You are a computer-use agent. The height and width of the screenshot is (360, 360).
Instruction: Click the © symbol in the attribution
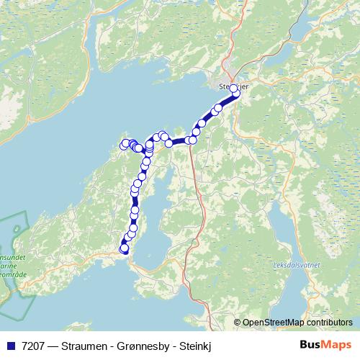pos(237,323)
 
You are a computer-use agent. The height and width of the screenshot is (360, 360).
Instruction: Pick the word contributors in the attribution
pos(328,323)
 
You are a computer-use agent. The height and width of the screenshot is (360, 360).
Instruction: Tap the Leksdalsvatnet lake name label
pos(297,264)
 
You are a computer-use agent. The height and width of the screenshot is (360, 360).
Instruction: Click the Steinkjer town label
pos(233,86)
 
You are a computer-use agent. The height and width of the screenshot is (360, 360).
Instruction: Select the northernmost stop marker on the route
pos(233,89)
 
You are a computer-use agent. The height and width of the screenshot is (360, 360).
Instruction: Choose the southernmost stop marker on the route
pos(125,249)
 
